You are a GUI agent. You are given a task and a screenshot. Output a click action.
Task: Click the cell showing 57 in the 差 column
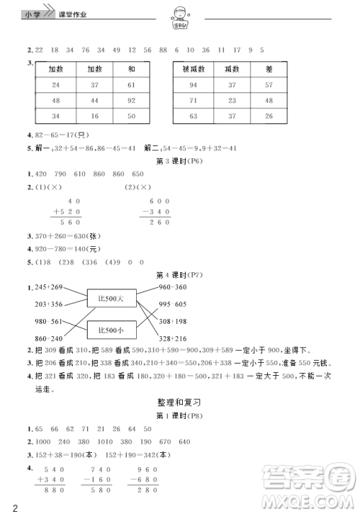pos(269,85)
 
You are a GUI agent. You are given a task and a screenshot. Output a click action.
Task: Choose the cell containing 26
pos(269,116)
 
